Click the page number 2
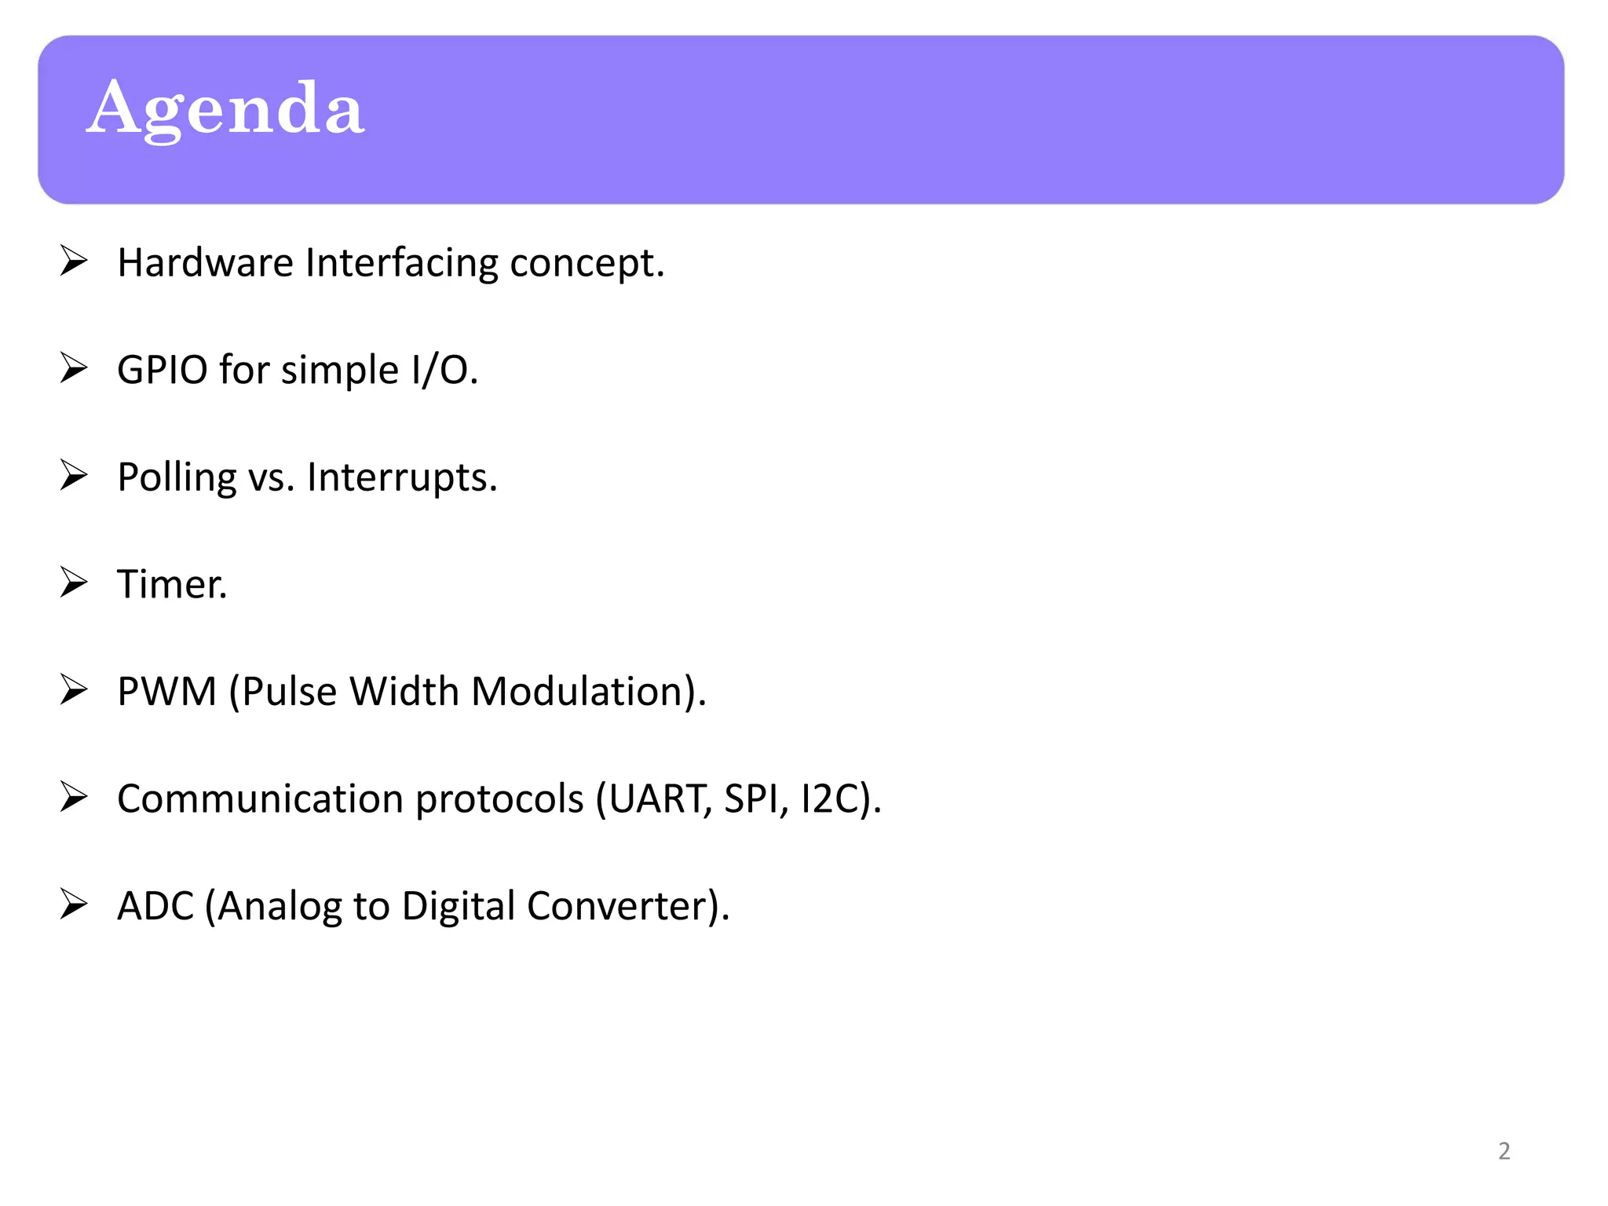click(x=1504, y=1151)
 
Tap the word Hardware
click(x=206, y=262)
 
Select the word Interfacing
click(x=401, y=262)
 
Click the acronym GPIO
click(x=162, y=370)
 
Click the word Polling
click(x=177, y=477)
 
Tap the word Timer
click(x=171, y=584)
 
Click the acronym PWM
click(x=166, y=692)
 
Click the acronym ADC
click(x=155, y=906)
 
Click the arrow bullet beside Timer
click(x=74, y=583)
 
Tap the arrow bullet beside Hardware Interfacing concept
click(x=74, y=261)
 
